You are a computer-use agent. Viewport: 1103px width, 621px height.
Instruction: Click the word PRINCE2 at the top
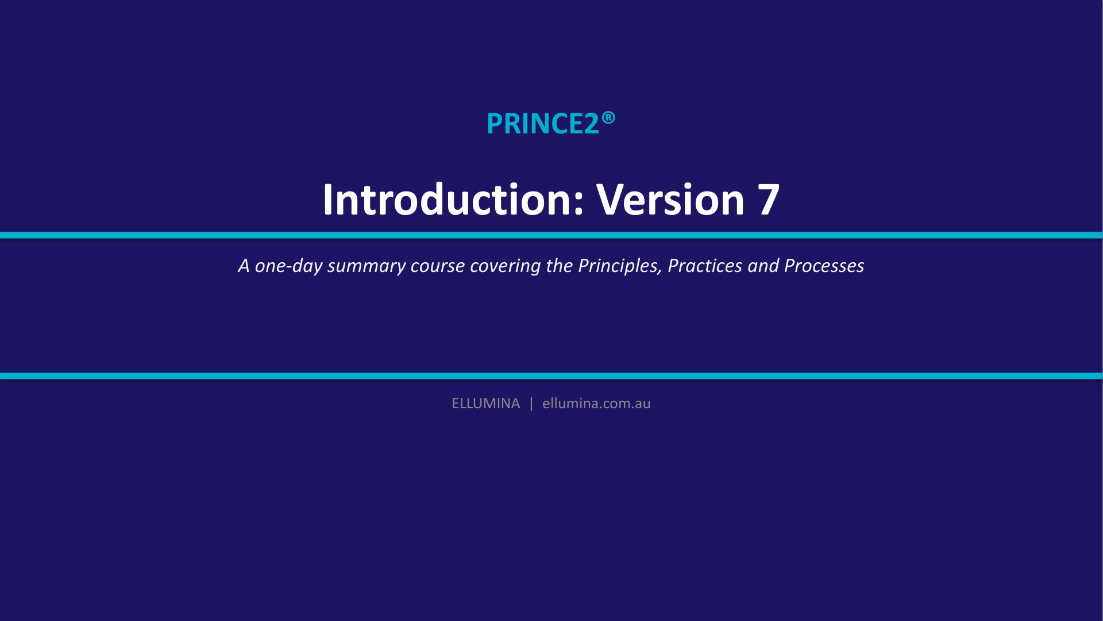(543, 124)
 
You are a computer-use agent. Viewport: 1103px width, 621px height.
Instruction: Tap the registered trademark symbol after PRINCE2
(608, 118)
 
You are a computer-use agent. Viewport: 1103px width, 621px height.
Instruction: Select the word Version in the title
(670, 200)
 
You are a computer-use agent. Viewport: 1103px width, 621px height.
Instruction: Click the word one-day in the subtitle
(288, 266)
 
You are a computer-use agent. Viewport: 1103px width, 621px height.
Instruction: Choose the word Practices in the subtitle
(705, 266)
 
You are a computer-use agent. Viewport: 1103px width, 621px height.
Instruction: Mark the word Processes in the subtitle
(824, 266)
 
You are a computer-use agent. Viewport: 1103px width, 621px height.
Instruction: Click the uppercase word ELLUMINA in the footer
(485, 404)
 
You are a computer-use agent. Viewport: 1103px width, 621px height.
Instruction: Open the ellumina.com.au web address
(596, 404)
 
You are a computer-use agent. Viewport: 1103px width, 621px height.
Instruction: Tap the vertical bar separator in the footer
(531, 404)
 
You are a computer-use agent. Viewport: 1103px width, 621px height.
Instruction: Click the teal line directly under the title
(551, 235)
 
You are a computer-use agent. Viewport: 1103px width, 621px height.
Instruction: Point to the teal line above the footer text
(551, 376)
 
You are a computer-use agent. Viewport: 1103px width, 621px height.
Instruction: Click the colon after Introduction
(579, 204)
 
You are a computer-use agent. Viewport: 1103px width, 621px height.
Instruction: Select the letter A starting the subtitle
(244, 266)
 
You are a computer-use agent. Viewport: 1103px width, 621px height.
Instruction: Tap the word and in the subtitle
(763, 266)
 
